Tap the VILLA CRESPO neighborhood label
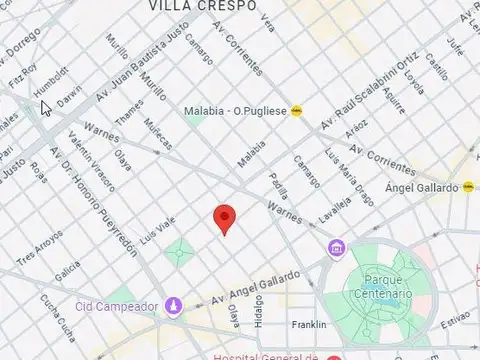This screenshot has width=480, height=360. tap(201, 6)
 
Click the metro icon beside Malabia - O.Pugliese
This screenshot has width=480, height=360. tap(296, 112)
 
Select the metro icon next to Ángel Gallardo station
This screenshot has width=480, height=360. tap(468, 186)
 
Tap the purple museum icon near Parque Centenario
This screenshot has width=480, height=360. tap(336, 248)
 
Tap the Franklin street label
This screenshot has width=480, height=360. tap(309, 325)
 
